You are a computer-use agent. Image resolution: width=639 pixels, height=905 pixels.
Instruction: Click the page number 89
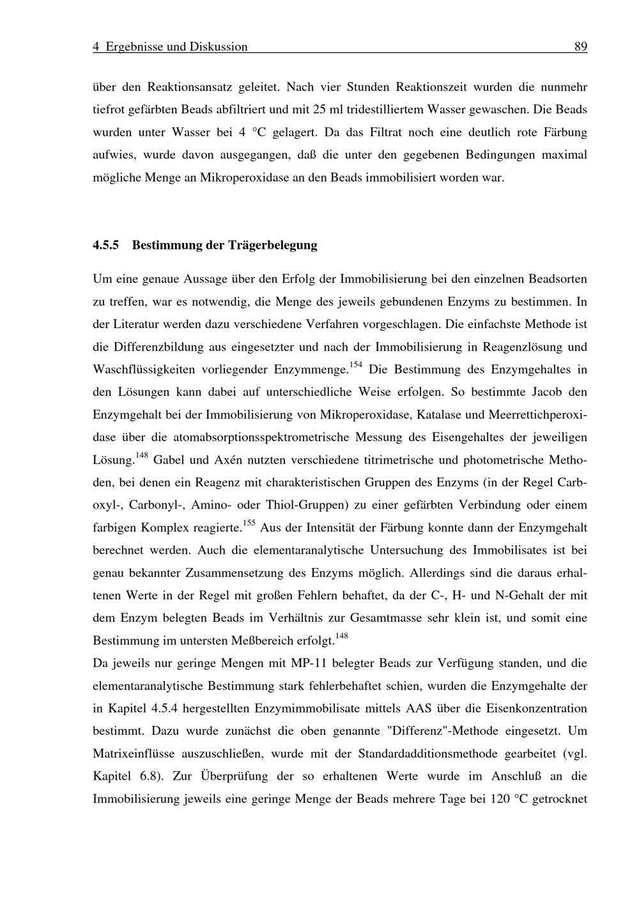click(x=580, y=47)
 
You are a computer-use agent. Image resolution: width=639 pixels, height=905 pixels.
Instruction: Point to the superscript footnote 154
click(x=356, y=365)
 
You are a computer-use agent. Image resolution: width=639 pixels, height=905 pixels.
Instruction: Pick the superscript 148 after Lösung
click(x=142, y=455)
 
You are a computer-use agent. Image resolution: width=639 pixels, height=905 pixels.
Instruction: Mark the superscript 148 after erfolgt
click(x=341, y=636)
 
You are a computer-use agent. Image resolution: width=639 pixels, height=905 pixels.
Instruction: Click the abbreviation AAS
click(x=418, y=709)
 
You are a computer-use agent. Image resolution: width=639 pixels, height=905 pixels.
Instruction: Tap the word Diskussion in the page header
click(x=219, y=47)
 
